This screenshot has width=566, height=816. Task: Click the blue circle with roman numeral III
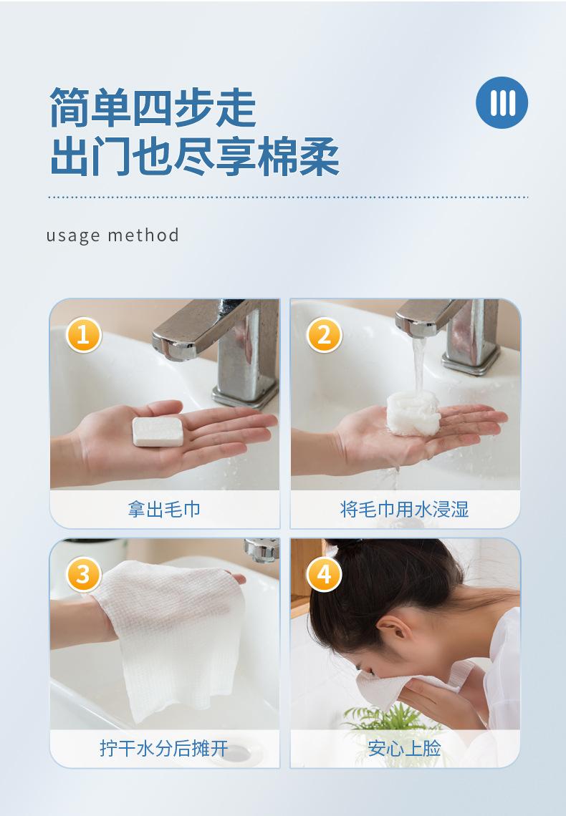(502, 102)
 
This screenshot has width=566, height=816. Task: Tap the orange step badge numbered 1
(83, 334)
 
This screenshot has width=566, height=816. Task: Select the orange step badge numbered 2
(324, 334)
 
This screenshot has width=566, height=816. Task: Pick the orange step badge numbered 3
(83, 574)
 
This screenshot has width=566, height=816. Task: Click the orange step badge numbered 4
(324, 574)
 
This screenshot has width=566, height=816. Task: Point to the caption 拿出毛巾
(164, 509)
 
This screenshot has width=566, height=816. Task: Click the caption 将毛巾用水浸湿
(405, 509)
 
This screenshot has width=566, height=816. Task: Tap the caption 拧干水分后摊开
(164, 748)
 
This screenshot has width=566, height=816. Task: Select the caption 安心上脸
(405, 748)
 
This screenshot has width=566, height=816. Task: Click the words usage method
(112, 235)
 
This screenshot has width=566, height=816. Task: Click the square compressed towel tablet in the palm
(158, 431)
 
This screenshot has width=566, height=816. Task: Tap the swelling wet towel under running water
(413, 413)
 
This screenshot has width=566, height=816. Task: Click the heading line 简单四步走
(153, 107)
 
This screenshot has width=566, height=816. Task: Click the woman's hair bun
(346, 545)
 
